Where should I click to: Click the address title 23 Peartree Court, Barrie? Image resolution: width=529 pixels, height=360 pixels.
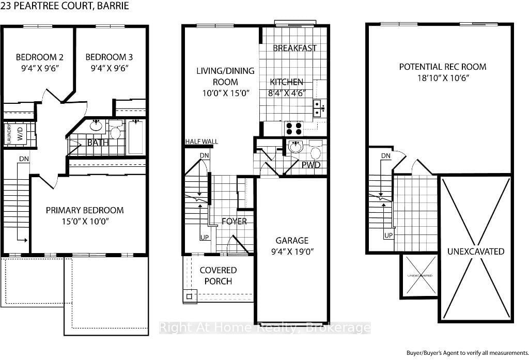click(65, 6)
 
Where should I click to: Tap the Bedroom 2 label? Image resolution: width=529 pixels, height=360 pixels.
click(39, 57)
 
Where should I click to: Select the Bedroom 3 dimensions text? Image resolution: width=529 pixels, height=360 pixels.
click(106, 68)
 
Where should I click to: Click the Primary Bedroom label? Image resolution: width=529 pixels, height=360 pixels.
click(85, 210)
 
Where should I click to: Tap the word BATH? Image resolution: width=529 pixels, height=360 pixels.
click(97, 143)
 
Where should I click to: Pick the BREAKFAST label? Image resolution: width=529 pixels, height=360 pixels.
click(294, 48)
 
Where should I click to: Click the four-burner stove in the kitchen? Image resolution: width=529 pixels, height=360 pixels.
click(293, 128)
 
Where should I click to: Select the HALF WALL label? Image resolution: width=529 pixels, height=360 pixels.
click(202, 142)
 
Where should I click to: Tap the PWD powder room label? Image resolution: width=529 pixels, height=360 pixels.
click(311, 165)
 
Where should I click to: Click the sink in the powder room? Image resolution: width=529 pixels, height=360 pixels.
click(296, 147)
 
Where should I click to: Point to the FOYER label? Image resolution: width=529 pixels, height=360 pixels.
click(234, 222)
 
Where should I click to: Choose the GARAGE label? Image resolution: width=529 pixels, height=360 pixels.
click(292, 240)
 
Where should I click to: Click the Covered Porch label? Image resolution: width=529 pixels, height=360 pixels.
click(218, 276)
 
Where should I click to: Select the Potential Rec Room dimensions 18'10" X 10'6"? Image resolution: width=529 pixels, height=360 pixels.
click(442, 79)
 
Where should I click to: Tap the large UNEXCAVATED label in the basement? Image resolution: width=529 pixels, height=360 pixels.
click(476, 251)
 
